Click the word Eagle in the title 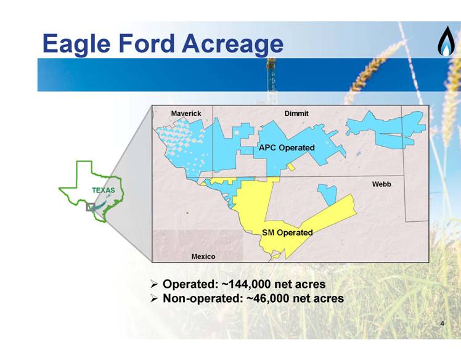pos(76,44)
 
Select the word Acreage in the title pos(233,44)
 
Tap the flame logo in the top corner pos(446,41)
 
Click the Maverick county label pos(186,113)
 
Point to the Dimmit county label pos(296,113)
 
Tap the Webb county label pos(381,184)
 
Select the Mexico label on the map pos(203,256)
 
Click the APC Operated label pos(287,148)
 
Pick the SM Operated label pos(287,232)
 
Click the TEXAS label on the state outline pos(104,190)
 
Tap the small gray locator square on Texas pos(90,207)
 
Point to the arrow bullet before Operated pos(154,284)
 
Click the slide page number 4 pos(442,324)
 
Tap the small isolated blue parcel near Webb pos(328,194)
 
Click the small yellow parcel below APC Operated pos(291,167)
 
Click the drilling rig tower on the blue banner pos(271,75)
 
